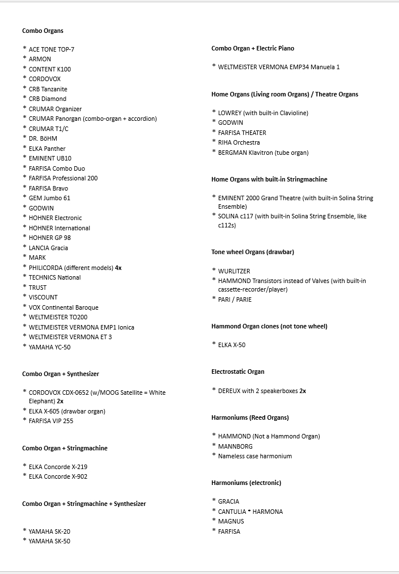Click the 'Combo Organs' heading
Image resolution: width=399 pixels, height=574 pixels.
(43, 31)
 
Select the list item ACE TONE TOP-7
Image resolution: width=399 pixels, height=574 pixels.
(52, 49)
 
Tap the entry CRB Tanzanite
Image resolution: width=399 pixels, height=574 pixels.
(48, 89)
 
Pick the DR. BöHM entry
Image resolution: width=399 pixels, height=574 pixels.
(43, 138)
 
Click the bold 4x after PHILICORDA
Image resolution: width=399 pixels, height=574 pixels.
(118, 268)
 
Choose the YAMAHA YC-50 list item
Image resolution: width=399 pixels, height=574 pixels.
(50, 347)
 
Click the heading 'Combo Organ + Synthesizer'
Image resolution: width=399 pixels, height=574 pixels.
(61, 374)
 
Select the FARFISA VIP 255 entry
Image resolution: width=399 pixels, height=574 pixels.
(51, 421)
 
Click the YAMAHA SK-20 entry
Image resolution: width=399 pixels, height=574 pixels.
(49, 531)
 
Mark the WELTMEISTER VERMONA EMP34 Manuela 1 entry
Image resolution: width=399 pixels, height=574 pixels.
(279, 67)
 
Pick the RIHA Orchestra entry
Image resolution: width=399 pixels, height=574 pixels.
(239, 142)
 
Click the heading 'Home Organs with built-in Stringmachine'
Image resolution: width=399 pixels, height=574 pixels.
(269, 179)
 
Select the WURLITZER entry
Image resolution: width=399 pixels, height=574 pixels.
(234, 271)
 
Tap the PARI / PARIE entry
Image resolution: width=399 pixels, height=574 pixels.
(235, 299)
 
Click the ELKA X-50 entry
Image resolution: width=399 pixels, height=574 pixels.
(232, 345)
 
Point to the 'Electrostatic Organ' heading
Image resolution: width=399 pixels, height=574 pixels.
(238, 372)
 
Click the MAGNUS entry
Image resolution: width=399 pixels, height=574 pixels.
(231, 521)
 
